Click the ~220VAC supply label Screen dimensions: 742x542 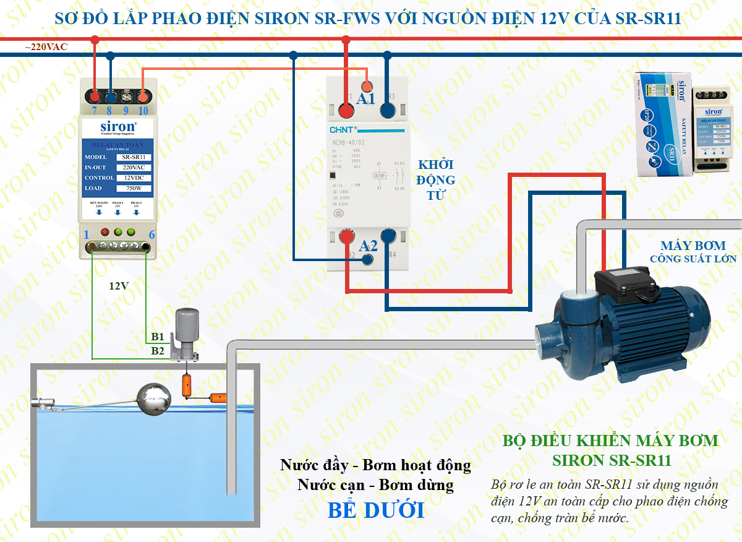[46, 47]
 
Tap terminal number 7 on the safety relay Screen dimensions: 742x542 [95, 111]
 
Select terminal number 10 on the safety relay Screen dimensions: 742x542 [143, 111]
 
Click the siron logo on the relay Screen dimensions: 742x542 [118, 127]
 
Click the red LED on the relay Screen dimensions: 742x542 [104, 233]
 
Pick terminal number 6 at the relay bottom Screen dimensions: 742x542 [151, 234]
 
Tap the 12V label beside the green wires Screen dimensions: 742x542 [119, 286]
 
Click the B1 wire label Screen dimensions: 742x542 [158, 337]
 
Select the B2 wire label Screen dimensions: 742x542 [158, 351]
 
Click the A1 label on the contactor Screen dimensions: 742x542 [366, 99]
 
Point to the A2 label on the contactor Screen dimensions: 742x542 [369, 245]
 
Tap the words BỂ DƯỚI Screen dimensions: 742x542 [376, 510]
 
